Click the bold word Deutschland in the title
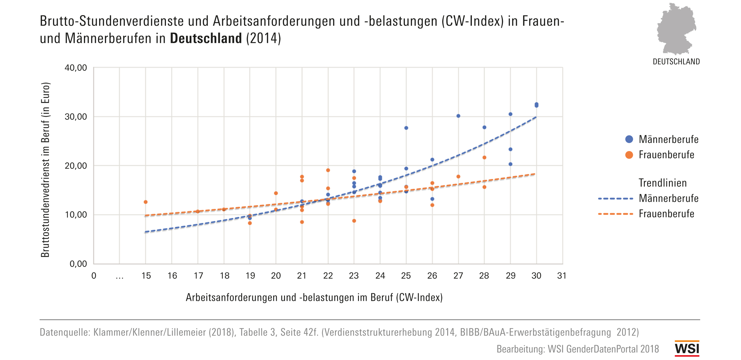point(206,38)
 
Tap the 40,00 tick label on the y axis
point(76,68)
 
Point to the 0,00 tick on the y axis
point(78,264)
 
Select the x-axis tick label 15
point(146,276)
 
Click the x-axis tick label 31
point(561,276)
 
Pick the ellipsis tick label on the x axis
point(119,277)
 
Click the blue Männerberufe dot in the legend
point(629,139)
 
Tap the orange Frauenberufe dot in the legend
point(629,155)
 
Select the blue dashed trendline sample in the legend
point(615,199)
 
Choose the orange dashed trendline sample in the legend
point(615,214)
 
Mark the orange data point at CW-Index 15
point(146,202)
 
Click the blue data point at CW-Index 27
point(458,116)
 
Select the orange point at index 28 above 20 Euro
point(484,158)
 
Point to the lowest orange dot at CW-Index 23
point(354,221)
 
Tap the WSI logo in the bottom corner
point(687,348)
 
